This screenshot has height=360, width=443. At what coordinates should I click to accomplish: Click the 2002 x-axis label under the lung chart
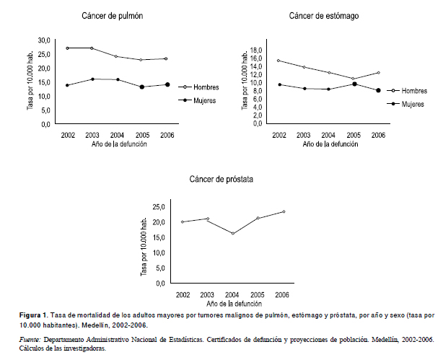point(68,135)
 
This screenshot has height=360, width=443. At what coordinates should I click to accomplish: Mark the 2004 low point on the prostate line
point(233,234)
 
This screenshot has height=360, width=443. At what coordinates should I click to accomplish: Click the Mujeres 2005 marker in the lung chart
point(142,87)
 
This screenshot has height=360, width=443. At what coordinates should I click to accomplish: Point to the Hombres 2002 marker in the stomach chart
point(278,61)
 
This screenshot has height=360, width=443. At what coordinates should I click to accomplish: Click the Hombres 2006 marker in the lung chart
point(167,59)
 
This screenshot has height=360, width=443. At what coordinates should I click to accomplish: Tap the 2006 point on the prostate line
point(284,211)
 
